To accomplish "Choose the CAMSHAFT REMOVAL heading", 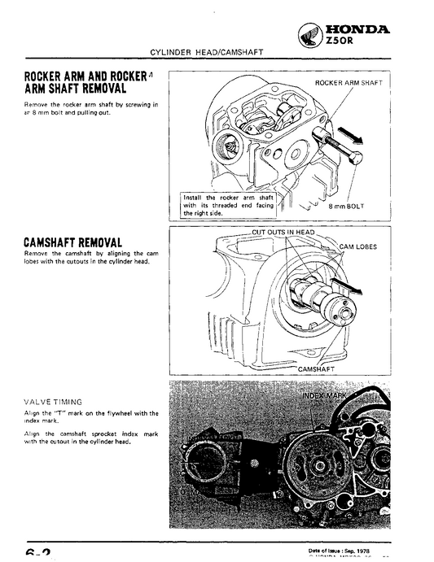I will [x=73, y=244].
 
